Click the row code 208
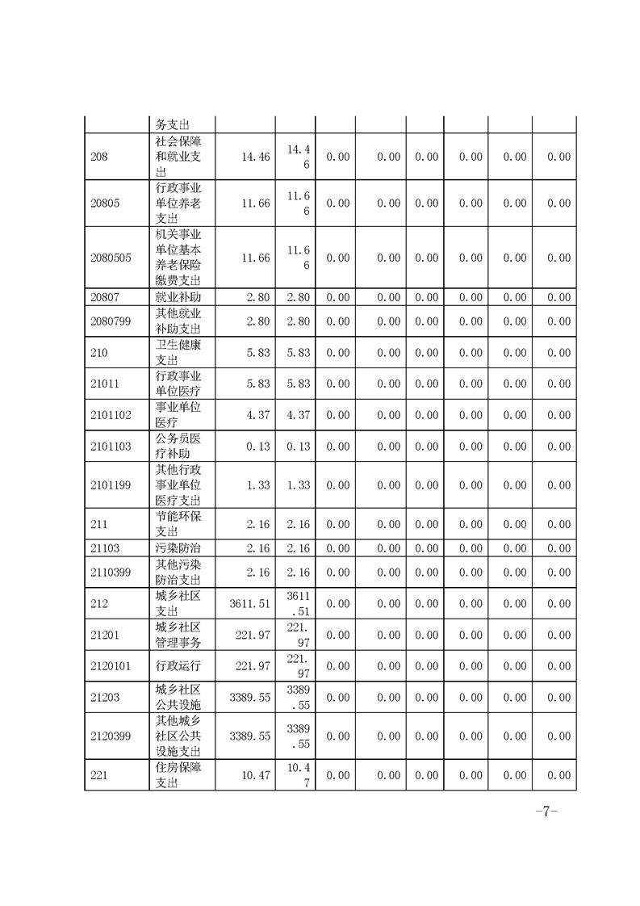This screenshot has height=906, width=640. coord(99,157)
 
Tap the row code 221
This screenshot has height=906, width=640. coord(99,775)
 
